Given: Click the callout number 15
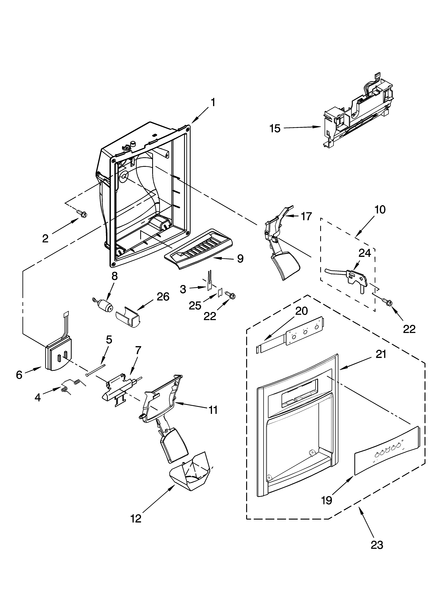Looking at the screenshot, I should point(275,128).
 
